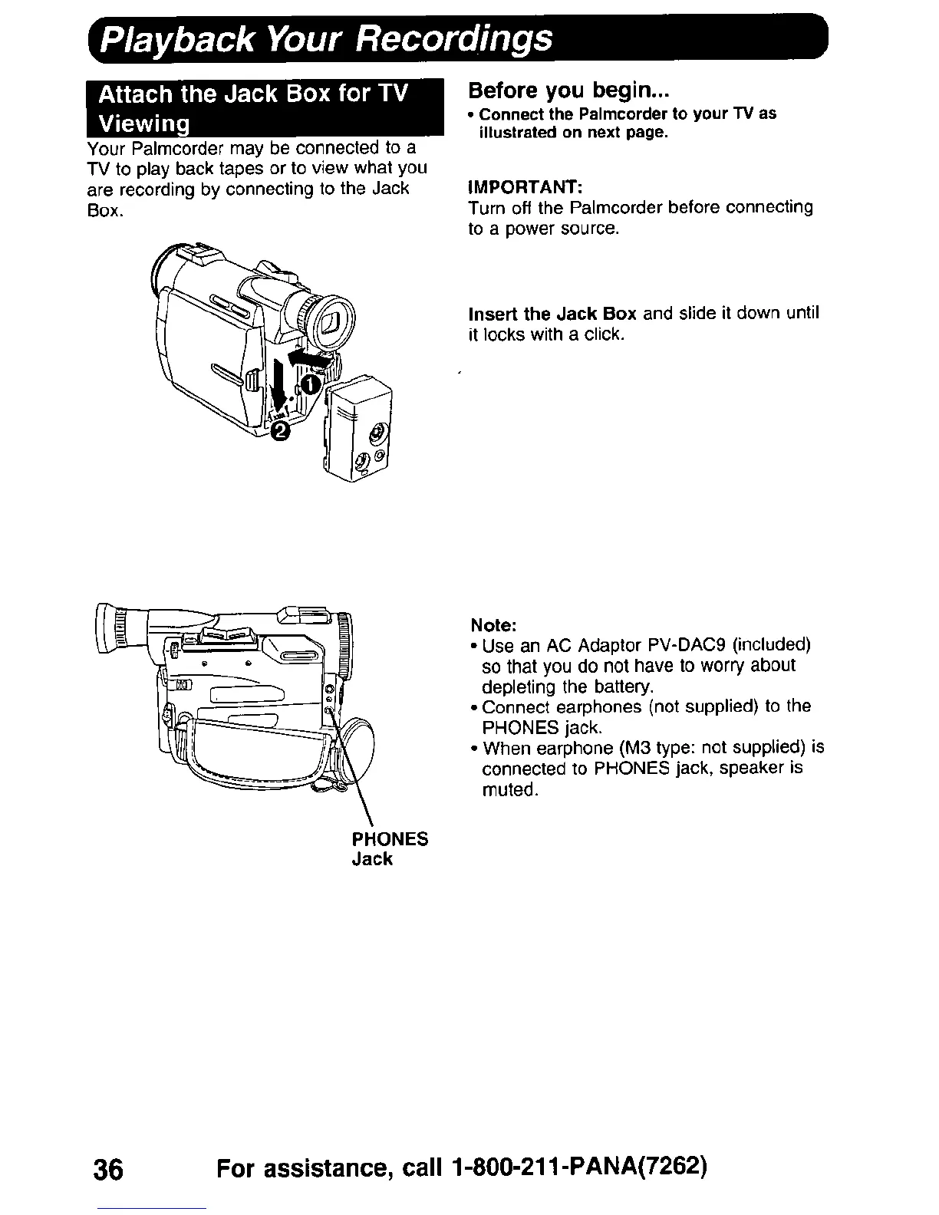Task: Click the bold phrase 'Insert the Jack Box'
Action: (552, 314)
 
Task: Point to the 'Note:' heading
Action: (488, 622)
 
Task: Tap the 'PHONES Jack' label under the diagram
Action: (389, 848)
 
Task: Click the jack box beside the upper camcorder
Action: (359, 430)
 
